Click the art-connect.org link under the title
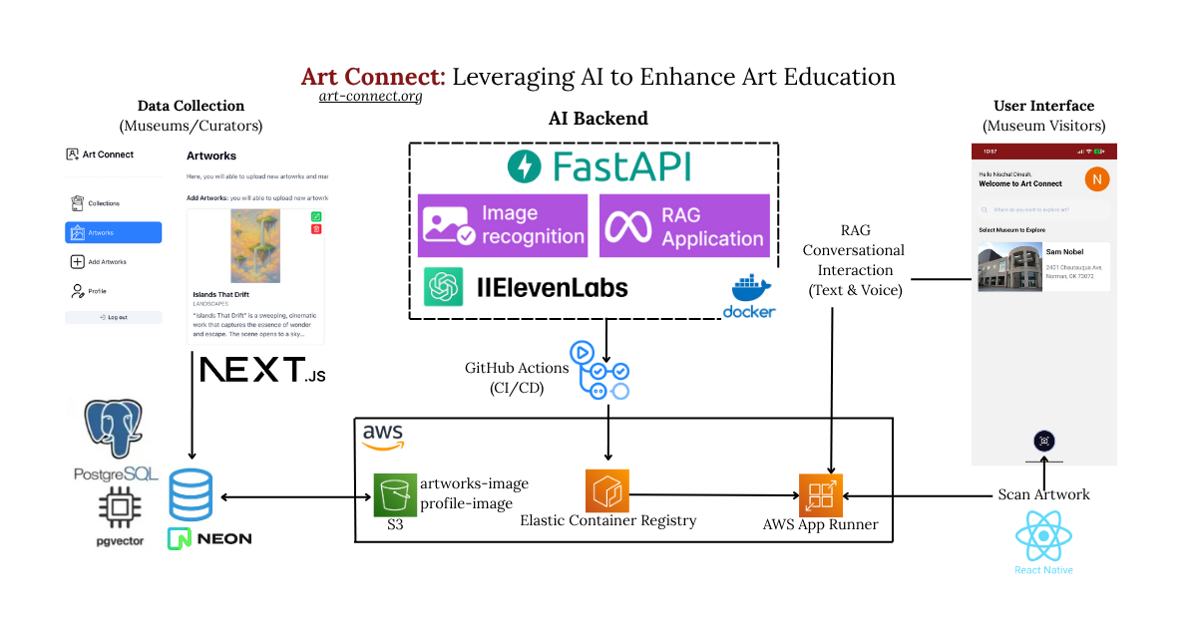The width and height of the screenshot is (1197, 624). pos(370,97)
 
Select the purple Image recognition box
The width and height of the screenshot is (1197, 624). pos(503,225)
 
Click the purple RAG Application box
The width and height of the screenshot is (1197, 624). pos(684,225)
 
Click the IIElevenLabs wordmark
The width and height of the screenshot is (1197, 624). pos(552,288)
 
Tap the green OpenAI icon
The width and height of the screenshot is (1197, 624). pos(443,288)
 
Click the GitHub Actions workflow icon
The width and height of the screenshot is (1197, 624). pos(599,371)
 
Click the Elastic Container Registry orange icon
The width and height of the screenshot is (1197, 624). pos(606,490)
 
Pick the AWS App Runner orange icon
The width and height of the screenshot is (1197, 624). pos(821,495)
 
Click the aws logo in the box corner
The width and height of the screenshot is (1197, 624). pos(382,435)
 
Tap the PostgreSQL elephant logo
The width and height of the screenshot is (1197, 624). pos(114,430)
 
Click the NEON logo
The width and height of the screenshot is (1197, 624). pos(209,538)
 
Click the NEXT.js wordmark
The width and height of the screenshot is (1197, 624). pos(262,370)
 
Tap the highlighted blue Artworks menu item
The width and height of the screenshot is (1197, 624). pos(113,232)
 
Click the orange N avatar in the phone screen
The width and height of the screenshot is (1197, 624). pos(1096,179)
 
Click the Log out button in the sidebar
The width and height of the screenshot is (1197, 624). pos(113,317)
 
